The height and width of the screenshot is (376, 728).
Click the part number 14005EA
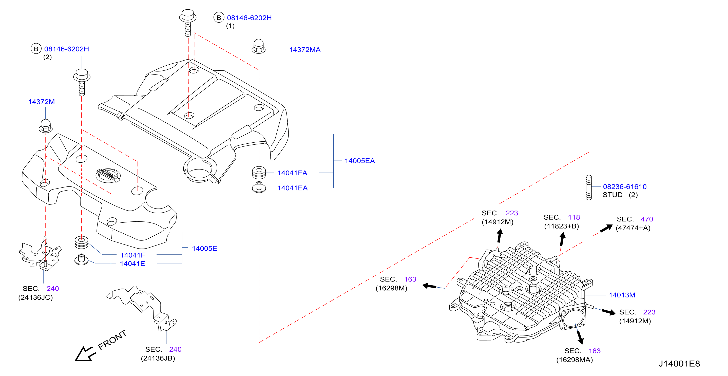pyautogui.click(x=360, y=161)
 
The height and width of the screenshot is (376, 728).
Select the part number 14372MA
pyautogui.click(x=305, y=50)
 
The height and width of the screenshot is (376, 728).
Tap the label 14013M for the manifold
pyautogui.click(x=622, y=295)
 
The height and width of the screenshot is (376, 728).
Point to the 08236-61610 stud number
pyautogui.click(x=625, y=186)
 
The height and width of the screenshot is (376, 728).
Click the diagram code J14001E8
pyautogui.click(x=679, y=364)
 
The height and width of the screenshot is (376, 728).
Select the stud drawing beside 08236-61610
pyautogui.click(x=589, y=187)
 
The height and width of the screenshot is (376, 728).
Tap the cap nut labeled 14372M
pyautogui.click(x=46, y=126)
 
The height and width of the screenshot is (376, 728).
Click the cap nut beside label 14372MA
pyautogui.click(x=259, y=46)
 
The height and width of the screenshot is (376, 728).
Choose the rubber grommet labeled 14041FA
pyautogui.click(x=259, y=173)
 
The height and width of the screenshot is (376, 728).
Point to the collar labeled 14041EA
pyautogui.click(x=259, y=187)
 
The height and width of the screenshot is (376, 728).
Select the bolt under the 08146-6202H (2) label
pyautogui.click(x=82, y=82)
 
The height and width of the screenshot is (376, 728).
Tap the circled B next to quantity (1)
pyautogui.click(x=219, y=17)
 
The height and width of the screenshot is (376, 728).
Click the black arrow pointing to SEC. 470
pyautogui.click(x=606, y=228)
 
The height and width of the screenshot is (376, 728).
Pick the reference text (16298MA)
pyautogui.click(x=574, y=360)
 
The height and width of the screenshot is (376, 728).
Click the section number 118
pyautogui.click(x=574, y=217)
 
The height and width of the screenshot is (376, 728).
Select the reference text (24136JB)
pyautogui.click(x=158, y=359)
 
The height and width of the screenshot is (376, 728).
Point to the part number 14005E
pyautogui.click(x=205, y=249)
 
